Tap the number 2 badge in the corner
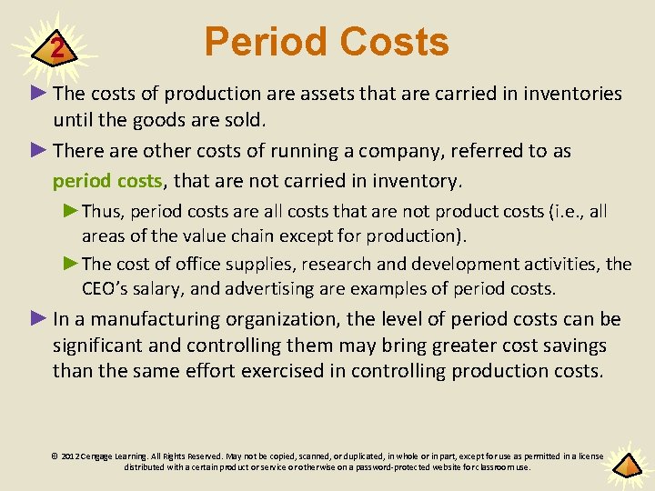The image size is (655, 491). [57, 48]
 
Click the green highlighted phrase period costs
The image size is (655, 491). [107, 180]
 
